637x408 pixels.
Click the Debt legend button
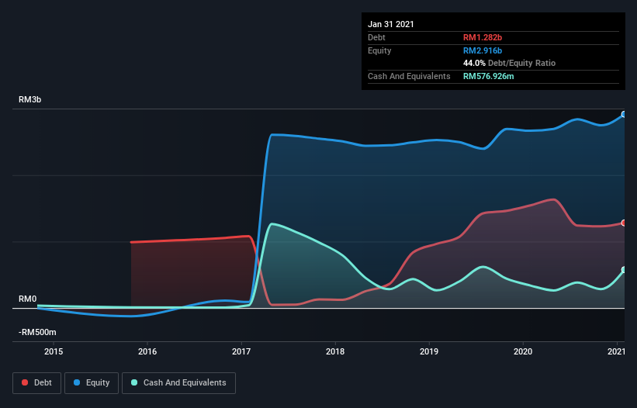point(36,382)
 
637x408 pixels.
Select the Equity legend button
point(92,382)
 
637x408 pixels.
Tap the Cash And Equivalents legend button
point(178,382)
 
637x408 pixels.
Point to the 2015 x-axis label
point(54,352)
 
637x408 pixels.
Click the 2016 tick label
point(147,352)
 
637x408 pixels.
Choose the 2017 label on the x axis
point(241,352)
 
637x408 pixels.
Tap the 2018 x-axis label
point(335,352)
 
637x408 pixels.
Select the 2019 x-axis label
point(429,352)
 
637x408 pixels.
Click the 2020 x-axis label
point(523,352)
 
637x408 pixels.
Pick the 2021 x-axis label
point(616,352)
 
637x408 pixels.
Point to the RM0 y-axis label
point(28,299)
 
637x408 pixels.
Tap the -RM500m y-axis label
point(37,332)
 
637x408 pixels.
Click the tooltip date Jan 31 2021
point(391,24)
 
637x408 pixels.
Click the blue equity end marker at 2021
point(624,114)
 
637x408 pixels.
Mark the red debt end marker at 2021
point(624,223)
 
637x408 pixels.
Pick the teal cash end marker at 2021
point(624,270)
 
